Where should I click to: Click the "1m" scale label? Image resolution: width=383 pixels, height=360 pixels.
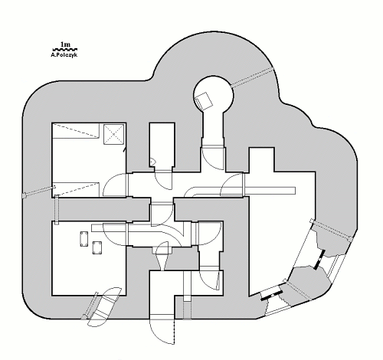[65, 44]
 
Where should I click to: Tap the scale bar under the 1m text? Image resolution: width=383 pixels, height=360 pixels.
[65, 49]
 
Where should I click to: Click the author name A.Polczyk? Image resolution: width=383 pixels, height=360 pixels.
[64, 55]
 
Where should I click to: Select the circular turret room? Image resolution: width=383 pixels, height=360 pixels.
[214, 93]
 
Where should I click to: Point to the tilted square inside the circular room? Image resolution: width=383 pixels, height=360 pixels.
[204, 101]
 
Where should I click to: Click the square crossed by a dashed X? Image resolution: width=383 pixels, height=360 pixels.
[114, 134]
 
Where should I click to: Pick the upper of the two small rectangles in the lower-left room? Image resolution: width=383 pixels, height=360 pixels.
[84, 239]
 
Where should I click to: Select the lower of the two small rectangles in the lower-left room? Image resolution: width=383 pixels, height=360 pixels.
[97, 247]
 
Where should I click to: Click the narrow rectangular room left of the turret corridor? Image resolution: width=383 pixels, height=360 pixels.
[162, 145]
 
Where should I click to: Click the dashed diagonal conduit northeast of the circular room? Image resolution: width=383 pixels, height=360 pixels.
[252, 77]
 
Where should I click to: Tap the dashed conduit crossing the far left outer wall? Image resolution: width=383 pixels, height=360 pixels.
[39, 191]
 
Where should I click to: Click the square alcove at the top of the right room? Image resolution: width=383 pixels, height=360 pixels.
[261, 160]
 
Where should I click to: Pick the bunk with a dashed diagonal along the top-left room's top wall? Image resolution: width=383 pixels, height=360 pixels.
[76, 131]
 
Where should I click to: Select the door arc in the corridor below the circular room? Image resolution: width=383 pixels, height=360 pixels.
[212, 159]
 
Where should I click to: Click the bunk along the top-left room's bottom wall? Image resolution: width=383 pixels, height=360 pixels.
[76, 189]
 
